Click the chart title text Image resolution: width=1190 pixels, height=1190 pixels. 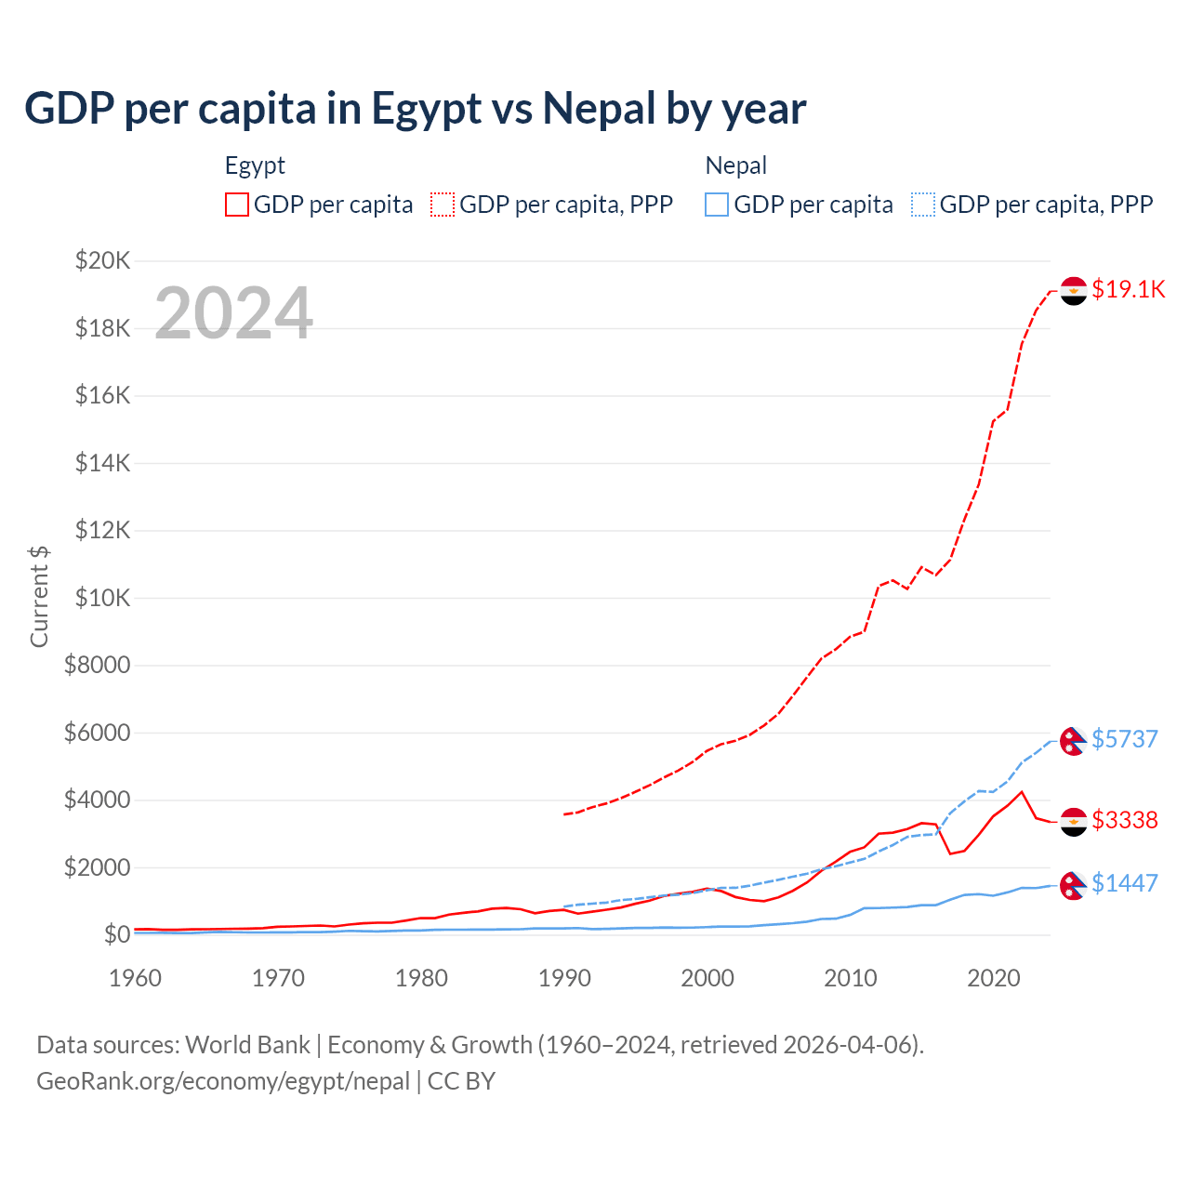pos(415,109)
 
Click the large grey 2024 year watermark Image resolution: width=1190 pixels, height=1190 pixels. pos(233,313)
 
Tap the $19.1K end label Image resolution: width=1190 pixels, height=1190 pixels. pos(1128,289)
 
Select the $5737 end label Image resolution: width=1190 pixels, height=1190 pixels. pos(1124,739)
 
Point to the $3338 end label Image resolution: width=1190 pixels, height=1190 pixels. pos(1124,820)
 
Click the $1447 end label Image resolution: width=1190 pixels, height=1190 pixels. pos(1124,883)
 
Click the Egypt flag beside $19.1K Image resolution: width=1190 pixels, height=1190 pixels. pos(1074,291)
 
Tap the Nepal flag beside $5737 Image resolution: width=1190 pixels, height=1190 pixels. pos(1073,741)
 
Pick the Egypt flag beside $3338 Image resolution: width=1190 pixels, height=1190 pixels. pos(1074,822)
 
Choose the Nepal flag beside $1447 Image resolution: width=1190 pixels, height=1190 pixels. pos(1073,885)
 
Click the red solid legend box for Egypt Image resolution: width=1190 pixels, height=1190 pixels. pos(237,205)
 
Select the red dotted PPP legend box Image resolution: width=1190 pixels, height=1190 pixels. pos(443,205)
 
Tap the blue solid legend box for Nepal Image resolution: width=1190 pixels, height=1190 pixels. pos(717,205)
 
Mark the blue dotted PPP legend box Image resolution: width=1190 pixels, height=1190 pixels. pos(923,205)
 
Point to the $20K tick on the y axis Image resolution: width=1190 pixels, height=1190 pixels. pos(102,260)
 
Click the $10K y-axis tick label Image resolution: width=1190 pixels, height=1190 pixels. pos(102,598)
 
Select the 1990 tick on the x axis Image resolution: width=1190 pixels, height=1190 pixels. pos(564,978)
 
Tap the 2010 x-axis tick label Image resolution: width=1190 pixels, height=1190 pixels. pos(851,978)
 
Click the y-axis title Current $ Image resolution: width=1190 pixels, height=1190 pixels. pos(39,597)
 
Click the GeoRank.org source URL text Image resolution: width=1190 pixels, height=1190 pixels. pos(223,1081)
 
